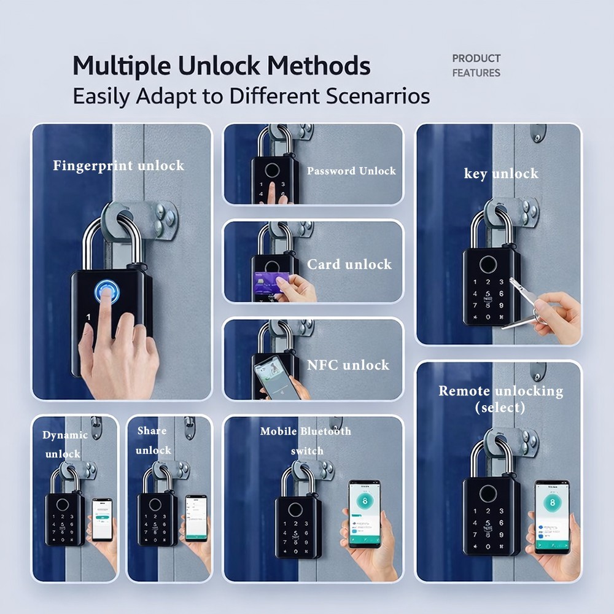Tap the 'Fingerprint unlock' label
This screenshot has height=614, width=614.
click(119, 165)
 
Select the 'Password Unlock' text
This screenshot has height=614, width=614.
click(351, 171)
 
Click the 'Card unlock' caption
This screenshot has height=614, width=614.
click(349, 265)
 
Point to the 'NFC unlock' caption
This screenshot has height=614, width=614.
click(348, 365)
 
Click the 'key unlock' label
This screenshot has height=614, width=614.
click(500, 174)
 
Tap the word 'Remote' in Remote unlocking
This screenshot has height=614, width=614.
click(464, 391)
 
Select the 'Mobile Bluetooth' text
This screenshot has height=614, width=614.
click(305, 431)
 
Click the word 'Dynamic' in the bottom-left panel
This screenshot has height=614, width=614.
click(65, 435)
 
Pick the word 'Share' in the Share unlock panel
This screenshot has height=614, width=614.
click(152, 430)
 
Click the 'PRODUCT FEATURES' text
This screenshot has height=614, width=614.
click(476, 66)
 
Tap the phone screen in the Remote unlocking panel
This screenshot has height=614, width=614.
click(551, 515)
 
